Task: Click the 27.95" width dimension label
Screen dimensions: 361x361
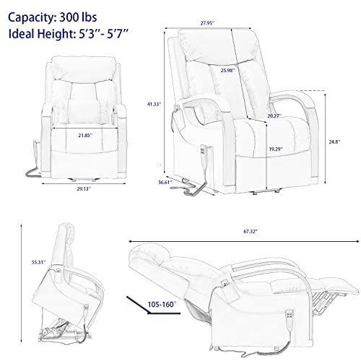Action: [207, 23]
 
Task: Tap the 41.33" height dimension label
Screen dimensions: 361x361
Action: [154, 104]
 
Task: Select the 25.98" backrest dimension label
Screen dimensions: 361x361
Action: [227, 71]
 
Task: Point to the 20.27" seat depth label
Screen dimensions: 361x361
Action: [274, 116]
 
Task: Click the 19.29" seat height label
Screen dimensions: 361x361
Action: [276, 149]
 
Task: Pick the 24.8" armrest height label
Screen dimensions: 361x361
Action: [335, 142]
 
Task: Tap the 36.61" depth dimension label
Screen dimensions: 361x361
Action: [165, 183]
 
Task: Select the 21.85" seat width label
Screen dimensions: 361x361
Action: [85, 136]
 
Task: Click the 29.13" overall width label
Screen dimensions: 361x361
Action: [84, 189]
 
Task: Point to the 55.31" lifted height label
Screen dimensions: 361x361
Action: [38, 262]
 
